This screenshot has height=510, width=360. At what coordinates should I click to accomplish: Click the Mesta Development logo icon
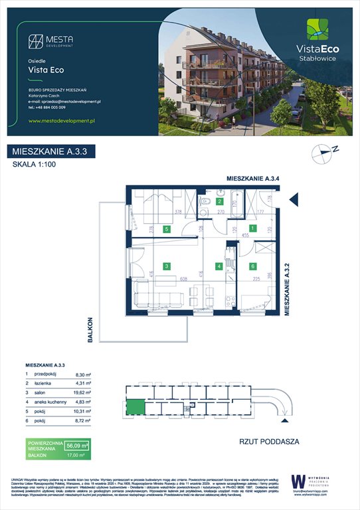tap(35, 41)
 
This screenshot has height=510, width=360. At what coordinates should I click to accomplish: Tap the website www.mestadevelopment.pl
tap(63, 121)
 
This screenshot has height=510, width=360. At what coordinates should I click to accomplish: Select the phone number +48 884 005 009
tap(52, 107)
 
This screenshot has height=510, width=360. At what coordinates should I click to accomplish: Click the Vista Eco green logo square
tap(316, 30)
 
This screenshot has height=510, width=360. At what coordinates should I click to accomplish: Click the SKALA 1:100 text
tap(35, 165)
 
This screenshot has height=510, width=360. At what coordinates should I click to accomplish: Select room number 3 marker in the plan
tap(167, 266)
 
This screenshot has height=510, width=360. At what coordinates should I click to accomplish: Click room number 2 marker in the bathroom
tap(221, 200)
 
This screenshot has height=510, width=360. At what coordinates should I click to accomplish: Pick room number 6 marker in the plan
tap(253, 266)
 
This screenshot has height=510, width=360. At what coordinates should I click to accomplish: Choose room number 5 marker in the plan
tap(167, 229)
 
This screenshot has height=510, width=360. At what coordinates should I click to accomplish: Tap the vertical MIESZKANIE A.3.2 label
tap(288, 288)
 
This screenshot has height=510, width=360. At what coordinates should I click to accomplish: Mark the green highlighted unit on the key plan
tap(136, 408)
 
